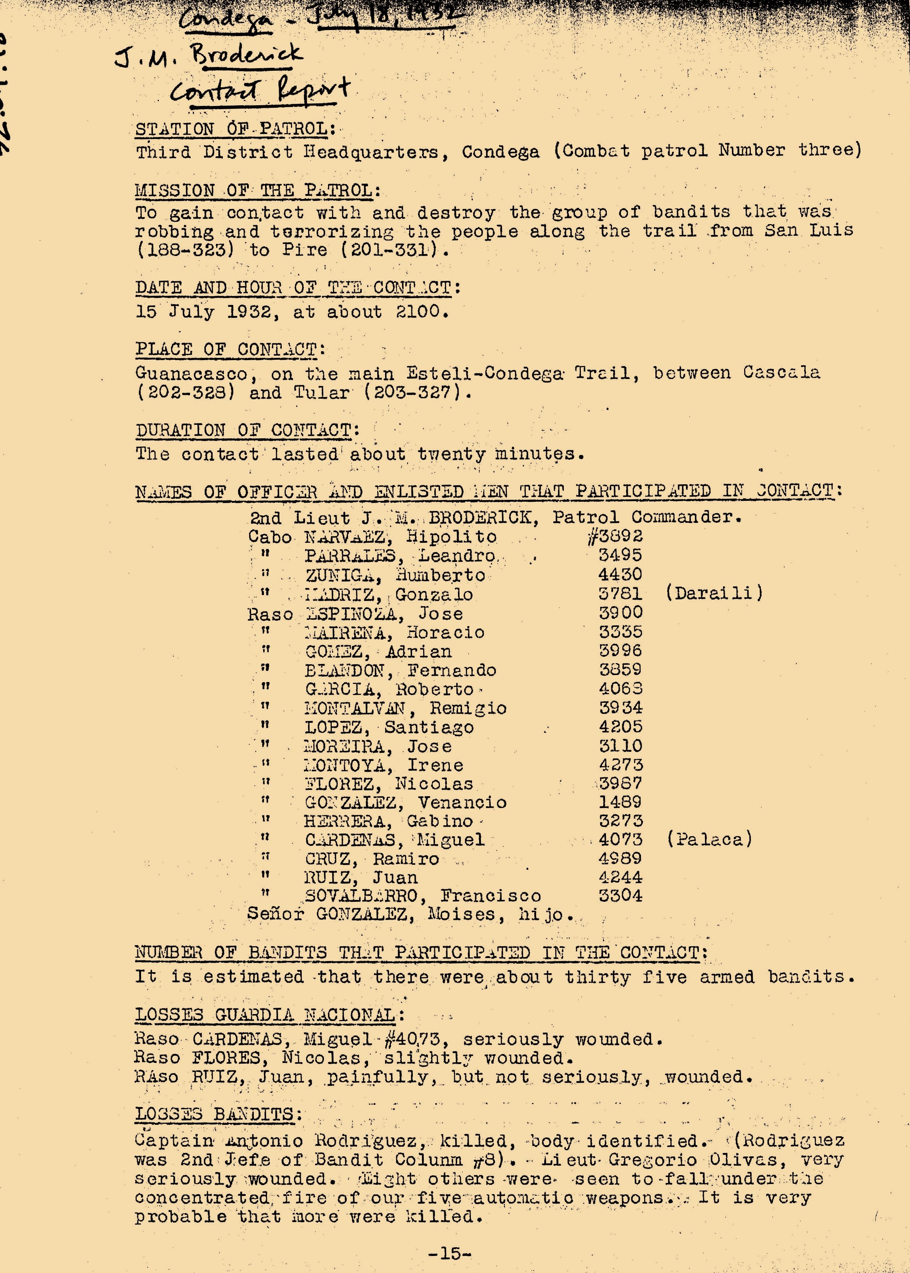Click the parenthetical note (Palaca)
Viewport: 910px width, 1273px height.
pyautogui.click(x=709, y=840)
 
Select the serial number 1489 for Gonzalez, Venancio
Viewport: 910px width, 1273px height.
pyautogui.click(x=620, y=802)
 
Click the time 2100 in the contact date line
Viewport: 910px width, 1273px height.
pyautogui.click(x=418, y=311)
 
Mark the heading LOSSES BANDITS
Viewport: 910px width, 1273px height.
pyautogui.click(x=215, y=1114)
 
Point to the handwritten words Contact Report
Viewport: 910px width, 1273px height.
pyautogui.click(x=260, y=91)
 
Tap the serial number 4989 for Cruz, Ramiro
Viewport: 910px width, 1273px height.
pyautogui.click(x=620, y=858)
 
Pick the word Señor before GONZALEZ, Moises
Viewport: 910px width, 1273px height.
pyautogui.click(x=275, y=914)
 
